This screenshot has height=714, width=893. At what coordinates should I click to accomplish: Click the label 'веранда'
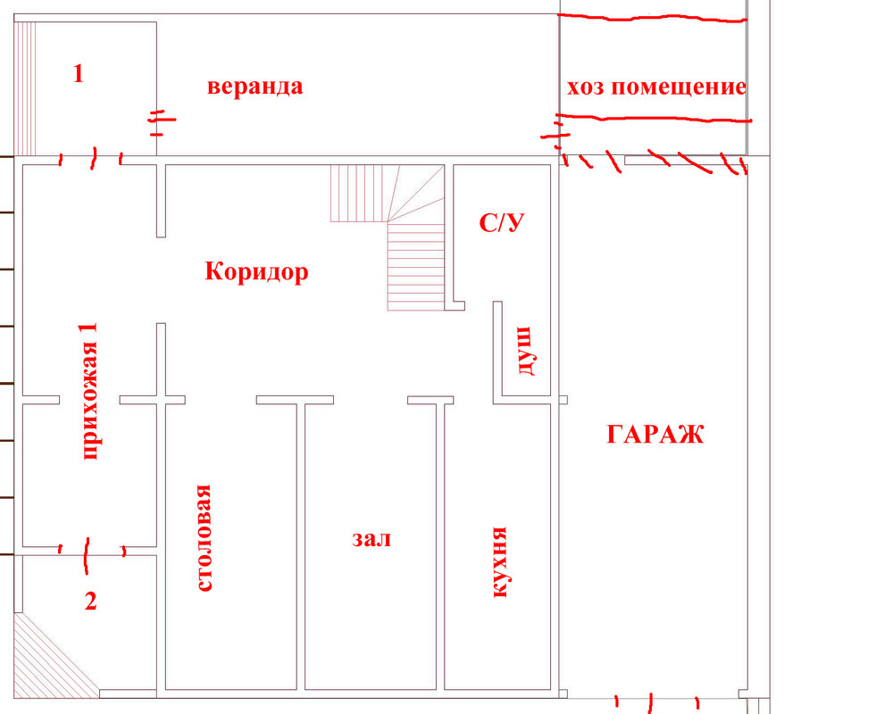(x=255, y=87)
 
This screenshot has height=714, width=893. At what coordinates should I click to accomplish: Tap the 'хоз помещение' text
(x=655, y=87)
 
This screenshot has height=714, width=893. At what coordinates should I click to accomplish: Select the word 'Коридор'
(x=257, y=270)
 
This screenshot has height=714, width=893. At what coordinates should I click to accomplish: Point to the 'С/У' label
(x=500, y=223)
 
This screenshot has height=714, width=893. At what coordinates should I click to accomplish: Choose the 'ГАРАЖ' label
(x=655, y=435)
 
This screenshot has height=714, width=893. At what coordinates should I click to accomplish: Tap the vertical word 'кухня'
(x=500, y=561)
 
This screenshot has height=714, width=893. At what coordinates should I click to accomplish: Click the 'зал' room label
(x=371, y=539)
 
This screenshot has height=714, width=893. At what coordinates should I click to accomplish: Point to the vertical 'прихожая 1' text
(x=88, y=391)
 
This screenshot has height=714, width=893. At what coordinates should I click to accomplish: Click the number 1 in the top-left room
(x=78, y=74)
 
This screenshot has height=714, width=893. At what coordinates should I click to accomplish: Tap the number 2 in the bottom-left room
(x=89, y=601)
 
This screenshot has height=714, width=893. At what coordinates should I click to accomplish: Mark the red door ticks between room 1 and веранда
(x=160, y=120)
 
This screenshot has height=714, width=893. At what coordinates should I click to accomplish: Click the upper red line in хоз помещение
(x=652, y=18)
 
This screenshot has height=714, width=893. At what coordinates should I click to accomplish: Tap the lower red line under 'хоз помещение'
(x=652, y=117)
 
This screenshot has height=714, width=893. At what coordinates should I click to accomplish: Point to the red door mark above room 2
(x=88, y=552)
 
